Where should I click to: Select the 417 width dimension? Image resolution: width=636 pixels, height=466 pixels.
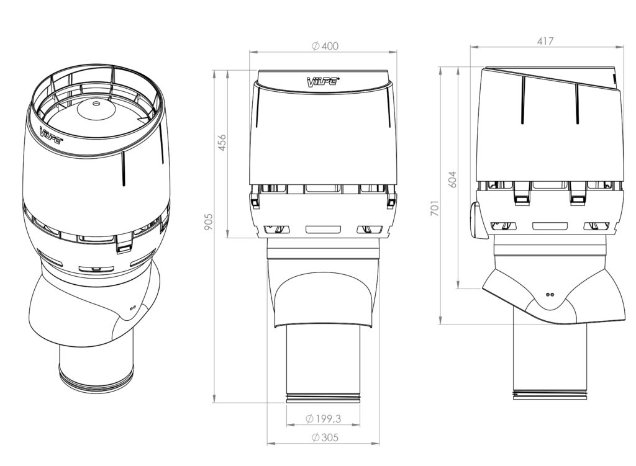click(x=545, y=42)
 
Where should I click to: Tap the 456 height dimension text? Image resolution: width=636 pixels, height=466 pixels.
click(x=222, y=142)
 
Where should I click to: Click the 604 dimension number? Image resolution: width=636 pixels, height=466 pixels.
click(x=452, y=179)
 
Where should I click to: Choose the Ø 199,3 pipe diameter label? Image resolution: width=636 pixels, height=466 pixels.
click(x=323, y=419)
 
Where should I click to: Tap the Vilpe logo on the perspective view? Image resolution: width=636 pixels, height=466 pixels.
click(x=51, y=135)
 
